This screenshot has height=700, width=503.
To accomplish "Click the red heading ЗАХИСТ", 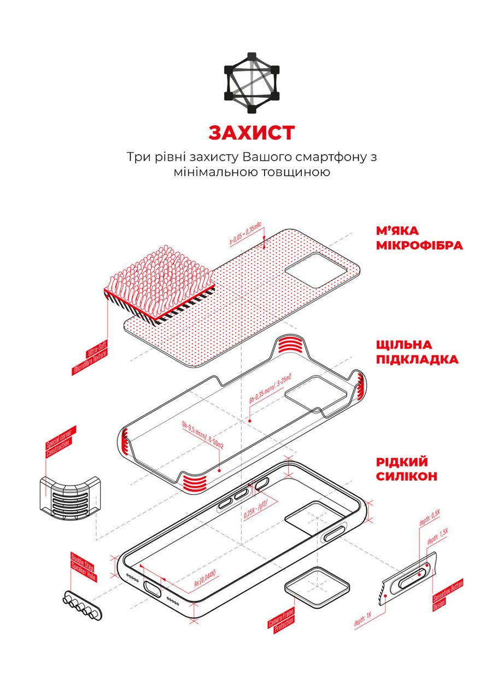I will pos(251,132).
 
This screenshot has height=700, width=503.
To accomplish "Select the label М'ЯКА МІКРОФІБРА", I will pos(419,237).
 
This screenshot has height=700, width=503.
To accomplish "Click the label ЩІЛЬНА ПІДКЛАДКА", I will pos(417,352).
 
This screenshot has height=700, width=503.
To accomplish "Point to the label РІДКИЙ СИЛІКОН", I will pos(406,469).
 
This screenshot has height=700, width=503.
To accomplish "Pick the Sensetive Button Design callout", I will pos(448,596).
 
